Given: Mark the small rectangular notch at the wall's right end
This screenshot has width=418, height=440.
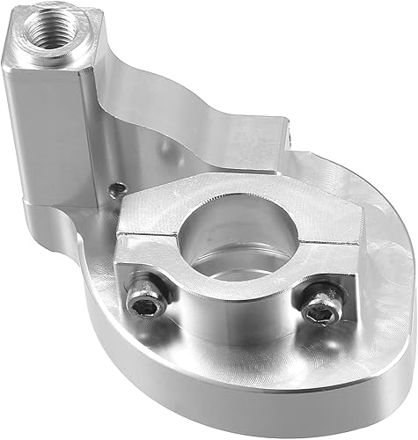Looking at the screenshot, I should pos(291,132).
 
